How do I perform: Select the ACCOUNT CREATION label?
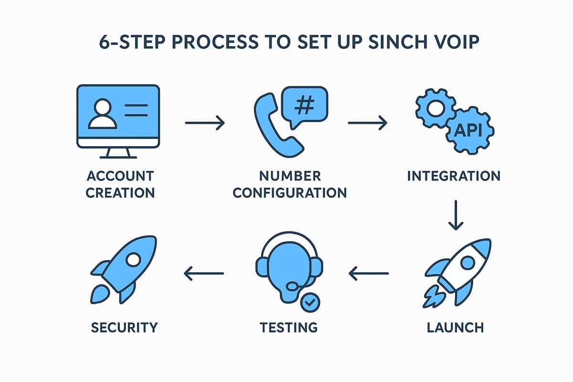(x=121, y=184)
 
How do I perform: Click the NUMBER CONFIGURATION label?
(x=290, y=184)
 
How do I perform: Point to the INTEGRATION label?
(x=454, y=176)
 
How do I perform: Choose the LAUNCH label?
(x=455, y=328)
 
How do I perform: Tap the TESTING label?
(x=288, y=328)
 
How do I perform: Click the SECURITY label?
(x=124, y=328)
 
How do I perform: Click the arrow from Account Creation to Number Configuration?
(x=204, y=123)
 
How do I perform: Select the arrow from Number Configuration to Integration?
(x=367, y=123)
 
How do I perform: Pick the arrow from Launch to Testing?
(x=368, y=274)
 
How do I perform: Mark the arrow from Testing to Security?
(x=204, y=274)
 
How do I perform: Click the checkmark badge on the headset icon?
(x=310, y=302)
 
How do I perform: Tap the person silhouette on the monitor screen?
(x=103, y=113)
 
